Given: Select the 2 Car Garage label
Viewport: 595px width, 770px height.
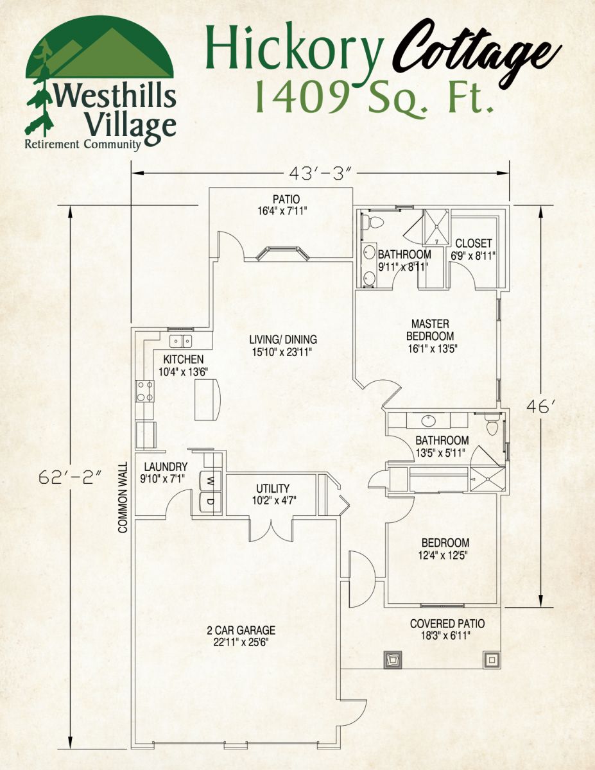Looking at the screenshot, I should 236,636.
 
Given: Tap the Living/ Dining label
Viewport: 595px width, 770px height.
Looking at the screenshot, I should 283,345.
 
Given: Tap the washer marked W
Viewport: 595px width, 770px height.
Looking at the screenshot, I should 210,479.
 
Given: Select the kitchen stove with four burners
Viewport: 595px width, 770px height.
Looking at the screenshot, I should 144,391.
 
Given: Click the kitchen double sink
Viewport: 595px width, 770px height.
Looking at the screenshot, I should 180,341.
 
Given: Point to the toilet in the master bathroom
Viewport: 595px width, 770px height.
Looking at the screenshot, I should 373,223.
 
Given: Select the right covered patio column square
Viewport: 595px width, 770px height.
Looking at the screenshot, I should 492,659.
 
